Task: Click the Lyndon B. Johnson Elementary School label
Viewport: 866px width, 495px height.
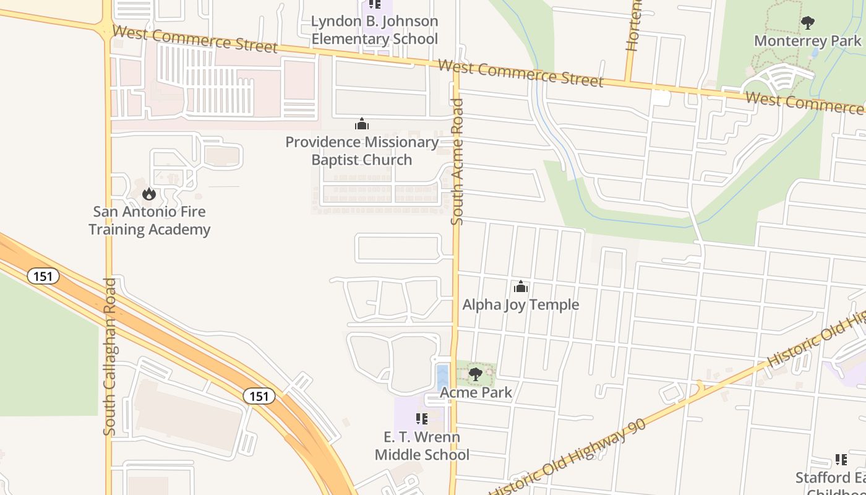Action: [x=374, y=30]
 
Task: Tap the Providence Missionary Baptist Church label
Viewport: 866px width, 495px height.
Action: [x=362, y=151]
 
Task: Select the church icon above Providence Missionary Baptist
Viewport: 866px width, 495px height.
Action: [x=362, y=124]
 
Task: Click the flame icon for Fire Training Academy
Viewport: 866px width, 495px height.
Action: [x=148, y=194]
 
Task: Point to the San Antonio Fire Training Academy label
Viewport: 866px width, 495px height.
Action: [x=150, y=221]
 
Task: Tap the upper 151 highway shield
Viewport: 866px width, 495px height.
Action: [x=43, y=276]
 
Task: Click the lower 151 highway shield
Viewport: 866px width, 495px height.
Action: [x=259, y=396]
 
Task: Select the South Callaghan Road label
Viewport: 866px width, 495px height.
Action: [x=109, y=356]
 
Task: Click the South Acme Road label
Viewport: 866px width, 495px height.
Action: [x=457, y=162]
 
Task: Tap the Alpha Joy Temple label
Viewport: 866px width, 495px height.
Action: [x=521, y=304]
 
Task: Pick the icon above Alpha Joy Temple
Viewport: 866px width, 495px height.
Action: [x=521, y=286]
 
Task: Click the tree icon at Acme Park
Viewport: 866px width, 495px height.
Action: [x=475, y=374]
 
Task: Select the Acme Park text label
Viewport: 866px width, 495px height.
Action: [x=476, y=392]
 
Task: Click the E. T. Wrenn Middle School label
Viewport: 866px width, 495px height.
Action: [x=422, y=446]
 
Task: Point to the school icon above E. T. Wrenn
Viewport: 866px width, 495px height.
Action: [x=422, y=419]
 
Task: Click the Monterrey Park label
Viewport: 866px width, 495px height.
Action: [x=807, y=41]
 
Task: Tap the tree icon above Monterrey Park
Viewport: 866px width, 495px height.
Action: [x=807, y=24]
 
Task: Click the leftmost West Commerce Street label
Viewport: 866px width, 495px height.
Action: [x=195, y=38]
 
